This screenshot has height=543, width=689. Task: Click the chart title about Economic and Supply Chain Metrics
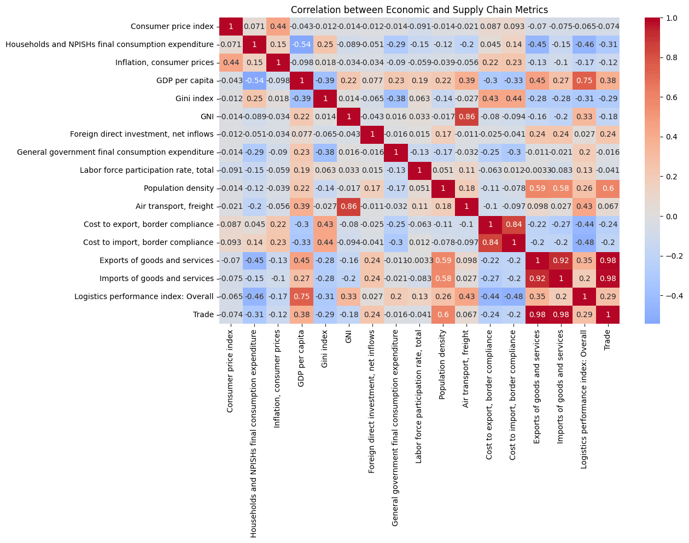(x=419, y=10)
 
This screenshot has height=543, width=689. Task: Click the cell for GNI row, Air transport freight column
(x=466, y=116)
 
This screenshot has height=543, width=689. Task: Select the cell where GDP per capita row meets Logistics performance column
(x=584, y=80)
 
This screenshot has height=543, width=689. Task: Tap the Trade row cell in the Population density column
(x=442, y=314)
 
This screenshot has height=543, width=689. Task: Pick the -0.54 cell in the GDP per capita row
(x=301, y=44)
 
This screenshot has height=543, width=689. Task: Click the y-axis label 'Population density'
(x=179, y=188)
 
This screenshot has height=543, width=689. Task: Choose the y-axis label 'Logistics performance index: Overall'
(x=144, y=296)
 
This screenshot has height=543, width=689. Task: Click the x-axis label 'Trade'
(x=607, y=340)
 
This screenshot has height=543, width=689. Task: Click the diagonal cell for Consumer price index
(x=231, y=26)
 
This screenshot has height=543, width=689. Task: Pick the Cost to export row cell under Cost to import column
(x=513, y=224)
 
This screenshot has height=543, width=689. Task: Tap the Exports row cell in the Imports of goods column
(x=560, y=260)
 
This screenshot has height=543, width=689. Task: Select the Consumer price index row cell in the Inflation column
(x=278, y=26)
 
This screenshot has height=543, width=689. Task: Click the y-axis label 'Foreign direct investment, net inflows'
(x=142, y=134)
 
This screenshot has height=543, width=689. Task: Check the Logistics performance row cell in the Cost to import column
(x=513, y=296)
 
